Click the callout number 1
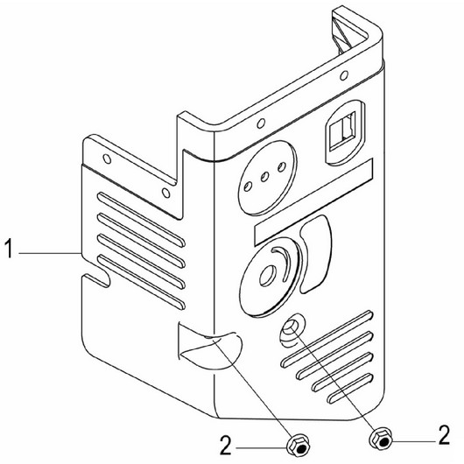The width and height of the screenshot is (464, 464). point(10,249)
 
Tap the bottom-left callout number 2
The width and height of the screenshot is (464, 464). point(226,446)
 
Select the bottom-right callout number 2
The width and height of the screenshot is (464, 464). point(444,435)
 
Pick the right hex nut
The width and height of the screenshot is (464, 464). point(381,439)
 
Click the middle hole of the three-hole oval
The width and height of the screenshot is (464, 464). point(264,177)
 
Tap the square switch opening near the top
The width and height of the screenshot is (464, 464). point(342,130)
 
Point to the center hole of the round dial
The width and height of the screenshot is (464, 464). point(268,276)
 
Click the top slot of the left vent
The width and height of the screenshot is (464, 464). point(142,219)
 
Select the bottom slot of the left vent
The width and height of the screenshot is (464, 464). point(142,282)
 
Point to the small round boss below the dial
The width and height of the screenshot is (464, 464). point(291,328)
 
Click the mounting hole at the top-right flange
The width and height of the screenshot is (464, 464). point(344,75)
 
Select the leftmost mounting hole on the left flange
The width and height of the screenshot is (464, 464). point(107,159)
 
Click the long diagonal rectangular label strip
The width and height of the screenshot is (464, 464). point(313,202)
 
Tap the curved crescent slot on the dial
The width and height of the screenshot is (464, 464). point(280,263)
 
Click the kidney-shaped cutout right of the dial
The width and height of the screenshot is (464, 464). point(315,254)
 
